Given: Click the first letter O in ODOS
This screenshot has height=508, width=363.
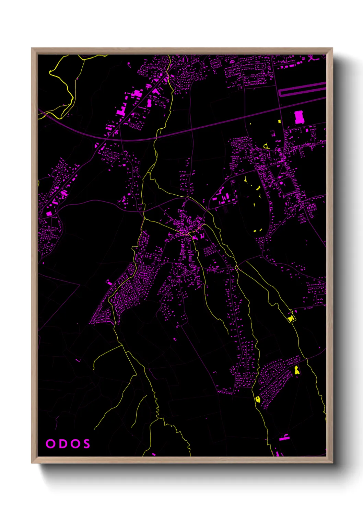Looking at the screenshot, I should (50, 443).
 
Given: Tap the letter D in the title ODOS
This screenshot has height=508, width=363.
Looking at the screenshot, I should (62, 443).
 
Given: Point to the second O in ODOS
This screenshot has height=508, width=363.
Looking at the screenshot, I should (74, 443).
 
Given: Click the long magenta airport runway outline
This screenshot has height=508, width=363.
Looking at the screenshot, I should (302, 89).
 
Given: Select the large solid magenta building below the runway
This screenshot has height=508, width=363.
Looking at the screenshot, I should (299, 117).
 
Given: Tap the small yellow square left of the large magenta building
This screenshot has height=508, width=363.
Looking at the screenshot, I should (279, 121).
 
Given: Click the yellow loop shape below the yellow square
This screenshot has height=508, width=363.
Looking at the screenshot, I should (266, 146).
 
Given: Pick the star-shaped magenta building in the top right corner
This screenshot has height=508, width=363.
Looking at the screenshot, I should (312, 58).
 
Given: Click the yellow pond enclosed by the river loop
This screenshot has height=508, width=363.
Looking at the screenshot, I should (291, 319).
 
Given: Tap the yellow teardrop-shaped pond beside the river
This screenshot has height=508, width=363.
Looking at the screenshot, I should (258, 399).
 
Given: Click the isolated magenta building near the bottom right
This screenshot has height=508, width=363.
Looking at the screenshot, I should (283, 438).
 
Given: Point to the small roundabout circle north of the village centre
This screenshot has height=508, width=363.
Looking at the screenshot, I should (187, 199).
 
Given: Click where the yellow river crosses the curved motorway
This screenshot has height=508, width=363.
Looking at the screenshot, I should (156, 137).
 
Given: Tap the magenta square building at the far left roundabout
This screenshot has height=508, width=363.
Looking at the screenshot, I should (49, 213).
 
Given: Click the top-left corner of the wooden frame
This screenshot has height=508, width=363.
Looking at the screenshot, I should (32, 48).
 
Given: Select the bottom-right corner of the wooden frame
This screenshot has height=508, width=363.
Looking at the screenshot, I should (332, 463).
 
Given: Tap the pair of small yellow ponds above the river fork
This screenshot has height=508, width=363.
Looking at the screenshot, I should (258, 231).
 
